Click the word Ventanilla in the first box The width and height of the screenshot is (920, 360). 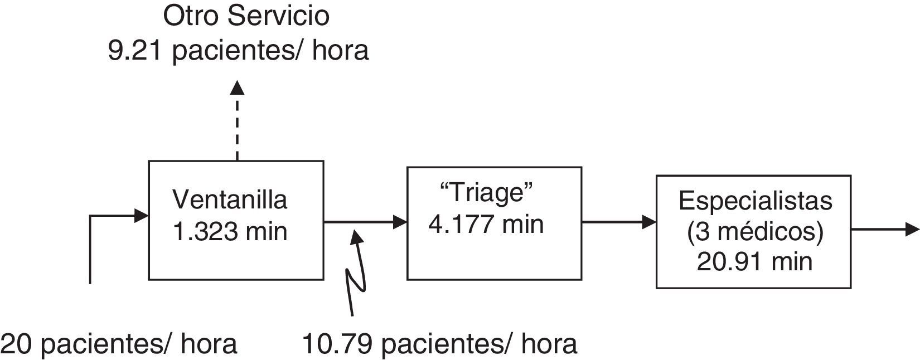coord(230,200)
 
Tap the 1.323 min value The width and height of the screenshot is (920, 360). coord(230,231)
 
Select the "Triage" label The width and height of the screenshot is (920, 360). coord(486,193)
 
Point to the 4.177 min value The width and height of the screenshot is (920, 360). coord(486,224)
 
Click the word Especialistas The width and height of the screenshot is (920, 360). coord(755,201)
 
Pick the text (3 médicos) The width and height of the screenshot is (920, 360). coord(755,231)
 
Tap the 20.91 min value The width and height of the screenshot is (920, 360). coord(755,261)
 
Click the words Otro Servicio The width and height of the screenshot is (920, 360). coord(246,16)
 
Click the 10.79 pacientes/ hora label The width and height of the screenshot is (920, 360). coord(439,344)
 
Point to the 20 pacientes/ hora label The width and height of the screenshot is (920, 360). coord(119,344)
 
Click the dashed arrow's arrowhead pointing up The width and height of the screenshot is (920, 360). coord(238,87)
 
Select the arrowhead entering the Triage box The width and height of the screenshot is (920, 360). coord(400,222)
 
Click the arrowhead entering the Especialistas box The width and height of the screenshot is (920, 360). coord(648,222)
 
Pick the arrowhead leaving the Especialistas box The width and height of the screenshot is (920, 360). coord(912,229)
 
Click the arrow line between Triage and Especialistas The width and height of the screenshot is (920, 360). coord(613,222)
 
